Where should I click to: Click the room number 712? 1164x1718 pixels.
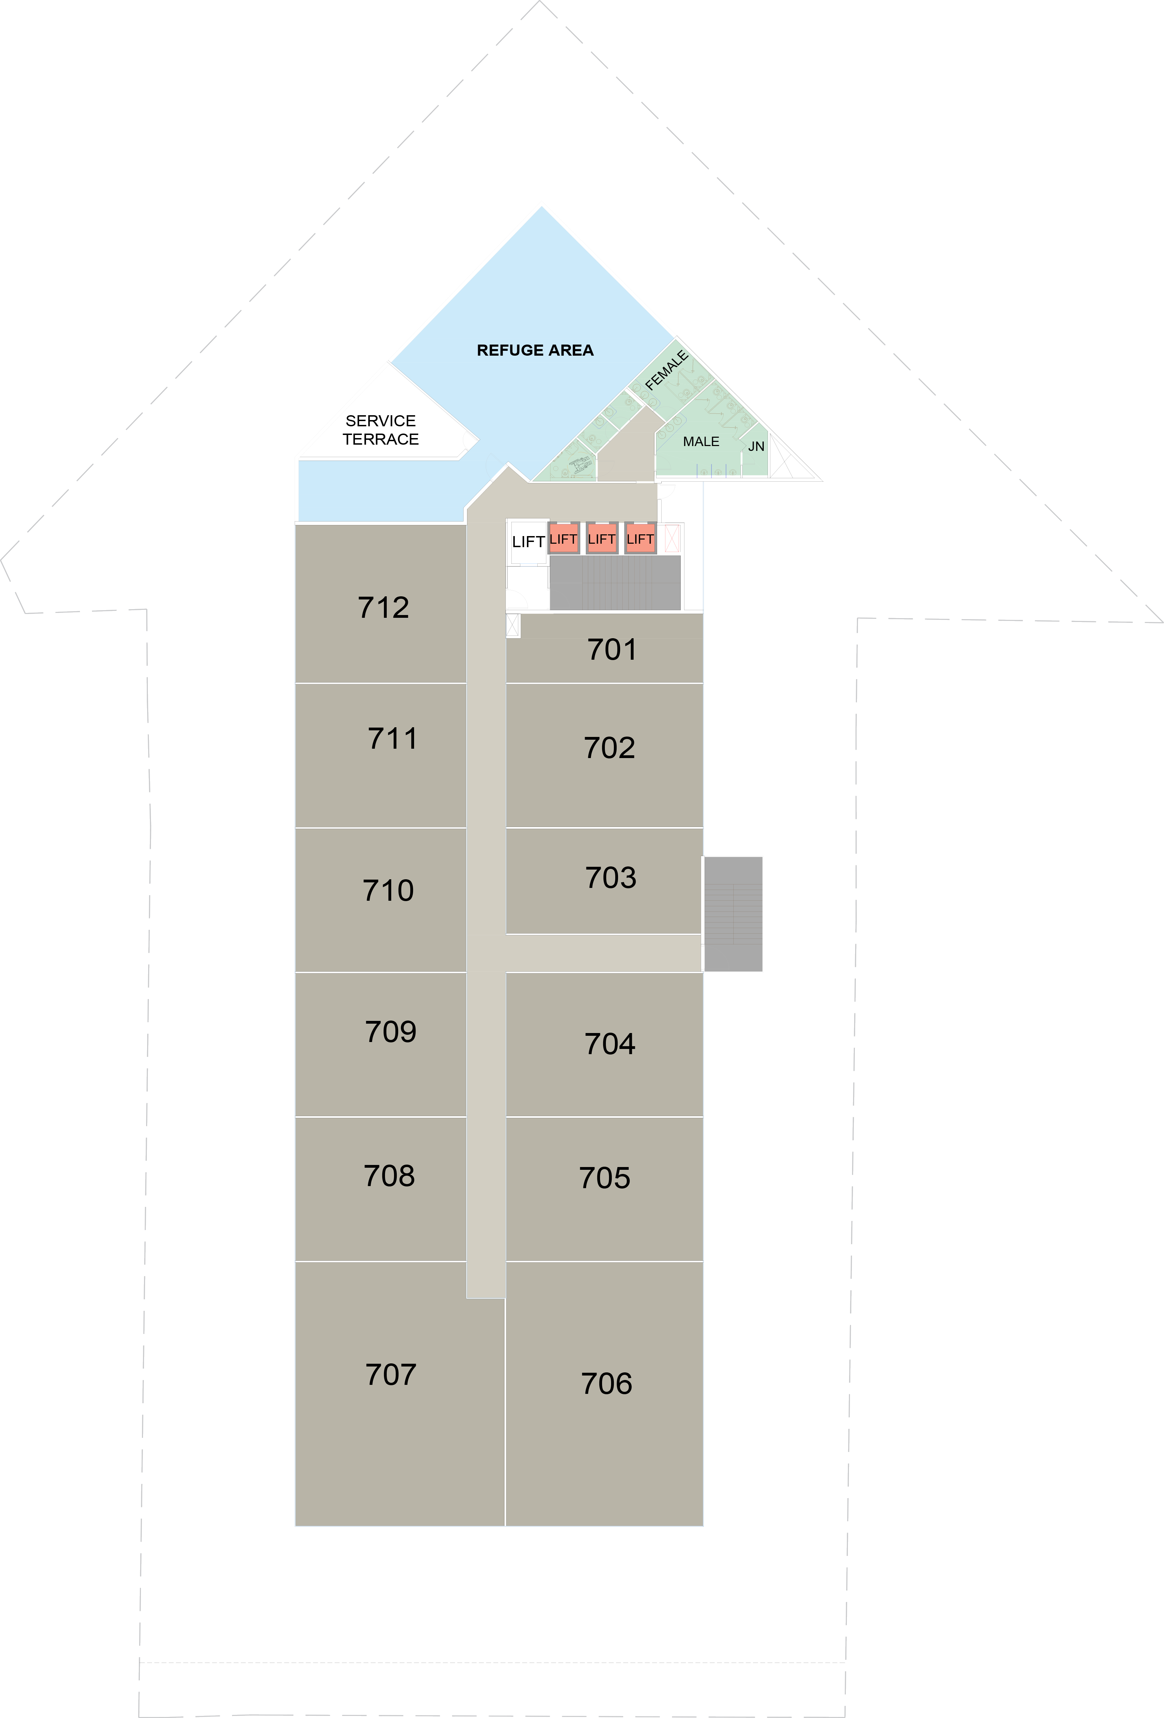tap(384, 608)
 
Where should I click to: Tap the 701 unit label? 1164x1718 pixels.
tap(612, 650)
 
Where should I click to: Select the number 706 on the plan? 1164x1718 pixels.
tap(607, 1384)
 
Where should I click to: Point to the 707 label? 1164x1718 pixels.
tap(391, 1375)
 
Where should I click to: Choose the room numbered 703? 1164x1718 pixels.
tap(610, 878)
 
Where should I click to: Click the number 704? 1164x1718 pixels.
tap(610, 1044)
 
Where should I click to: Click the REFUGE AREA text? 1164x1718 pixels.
tap(535, 350)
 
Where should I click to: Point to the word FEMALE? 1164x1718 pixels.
tap(666, 370)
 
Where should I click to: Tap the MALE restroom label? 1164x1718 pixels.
tap(701, 441)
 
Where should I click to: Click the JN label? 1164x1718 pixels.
tap(756, 446)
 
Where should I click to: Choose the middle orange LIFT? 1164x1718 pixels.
tap(602, 539)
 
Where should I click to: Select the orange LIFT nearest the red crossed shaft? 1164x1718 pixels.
tap(640, 539)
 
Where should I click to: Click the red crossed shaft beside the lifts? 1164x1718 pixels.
tap(672, 538)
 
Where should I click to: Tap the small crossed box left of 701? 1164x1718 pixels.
tap(513, 625)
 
